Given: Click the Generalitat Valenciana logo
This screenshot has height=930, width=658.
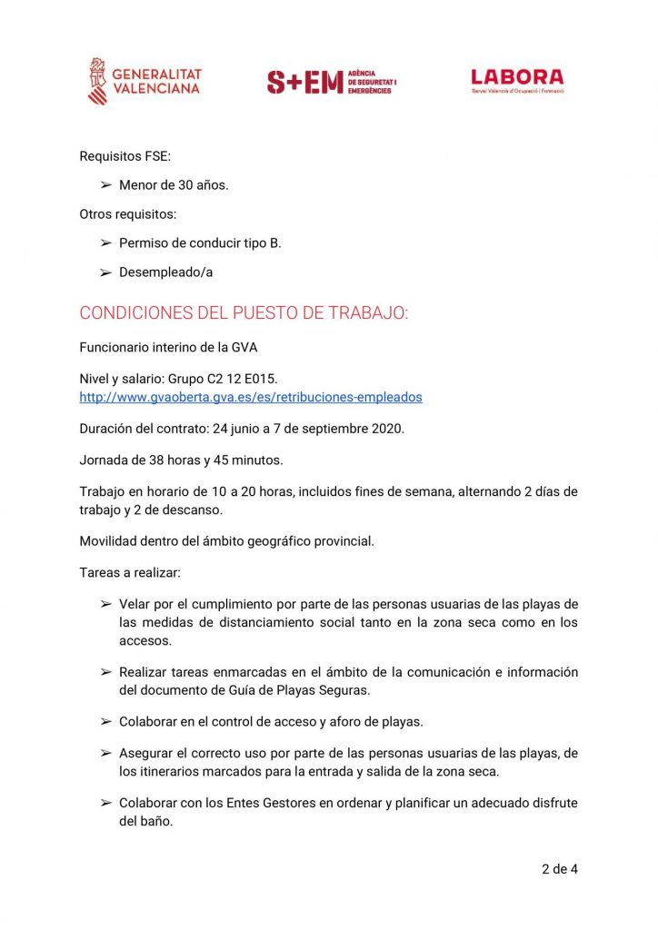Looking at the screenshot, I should pyautogui.click(x=145, y=81).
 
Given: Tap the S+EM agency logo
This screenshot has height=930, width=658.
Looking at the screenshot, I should pyautogui.click(x=332, y=82).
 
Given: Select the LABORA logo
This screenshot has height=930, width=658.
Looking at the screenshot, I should pyautogui.click(x=517, y=80).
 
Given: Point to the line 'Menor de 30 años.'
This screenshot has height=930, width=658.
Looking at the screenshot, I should pyautogui.click(x=174, y=185).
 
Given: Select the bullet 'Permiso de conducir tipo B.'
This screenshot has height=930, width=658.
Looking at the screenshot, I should pyautogui.click(x=200, y=243).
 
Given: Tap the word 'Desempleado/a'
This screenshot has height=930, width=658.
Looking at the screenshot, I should pyautogui.click(x=165, y=272).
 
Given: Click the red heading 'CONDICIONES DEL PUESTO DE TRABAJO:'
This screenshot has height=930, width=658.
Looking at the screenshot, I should pyautogui.click(x=244, y=313).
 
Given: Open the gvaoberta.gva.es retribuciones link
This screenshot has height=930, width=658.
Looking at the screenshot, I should pyautogui.click(x=251, y=397).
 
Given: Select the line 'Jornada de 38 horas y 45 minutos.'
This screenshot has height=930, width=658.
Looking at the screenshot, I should pyautogui.click(x=181, y=460).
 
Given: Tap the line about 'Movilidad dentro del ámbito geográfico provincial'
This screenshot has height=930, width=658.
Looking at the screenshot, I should pyautogui.click(x=226, y=541).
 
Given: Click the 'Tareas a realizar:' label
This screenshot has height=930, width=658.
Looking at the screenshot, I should pyautogui.click(x=128, y=572).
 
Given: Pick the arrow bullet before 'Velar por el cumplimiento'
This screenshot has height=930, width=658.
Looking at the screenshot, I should pyautogui.click(x=105, y=605).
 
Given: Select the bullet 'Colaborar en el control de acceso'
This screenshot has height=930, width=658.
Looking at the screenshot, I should pyautogui.click(x=271, y=721).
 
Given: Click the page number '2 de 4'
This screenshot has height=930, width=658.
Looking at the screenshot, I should pyautogui.click(x=559, y=869).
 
